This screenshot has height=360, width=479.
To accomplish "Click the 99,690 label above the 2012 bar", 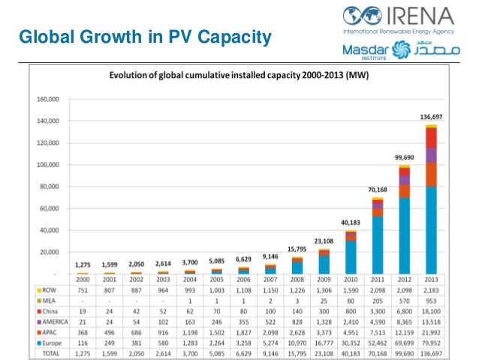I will pos(404,157).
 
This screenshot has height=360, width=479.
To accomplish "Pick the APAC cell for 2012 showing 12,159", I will pos(403,331).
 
